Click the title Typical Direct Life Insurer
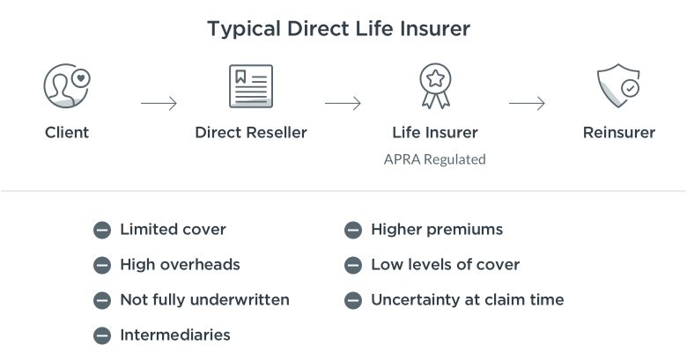(x=339, y=29)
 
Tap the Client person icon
(x=67, y=86)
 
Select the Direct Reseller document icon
(x=251, y=86)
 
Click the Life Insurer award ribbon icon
(x=435, y=86)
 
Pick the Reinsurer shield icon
(x=618, y=86)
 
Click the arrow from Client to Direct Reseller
(x=159, y=103)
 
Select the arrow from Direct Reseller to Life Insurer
(x=343, y=103)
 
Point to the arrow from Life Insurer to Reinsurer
(x=527, y=103)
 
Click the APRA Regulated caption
(x=434, y=159)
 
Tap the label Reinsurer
(x=618, y=132)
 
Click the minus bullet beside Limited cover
(x=102, y=230)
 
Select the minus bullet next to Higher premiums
(x=353, y=230)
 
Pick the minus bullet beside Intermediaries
(x=102, y=335)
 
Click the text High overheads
(x=180, y=265)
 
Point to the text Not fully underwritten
(x=204, y=299)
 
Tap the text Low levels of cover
(x=445, y=265)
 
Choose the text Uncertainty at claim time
(x=468, y=299)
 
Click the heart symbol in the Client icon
(x=81, y=79)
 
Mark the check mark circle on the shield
(x=630, y=89)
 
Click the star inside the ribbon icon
(x=435, y=79)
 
